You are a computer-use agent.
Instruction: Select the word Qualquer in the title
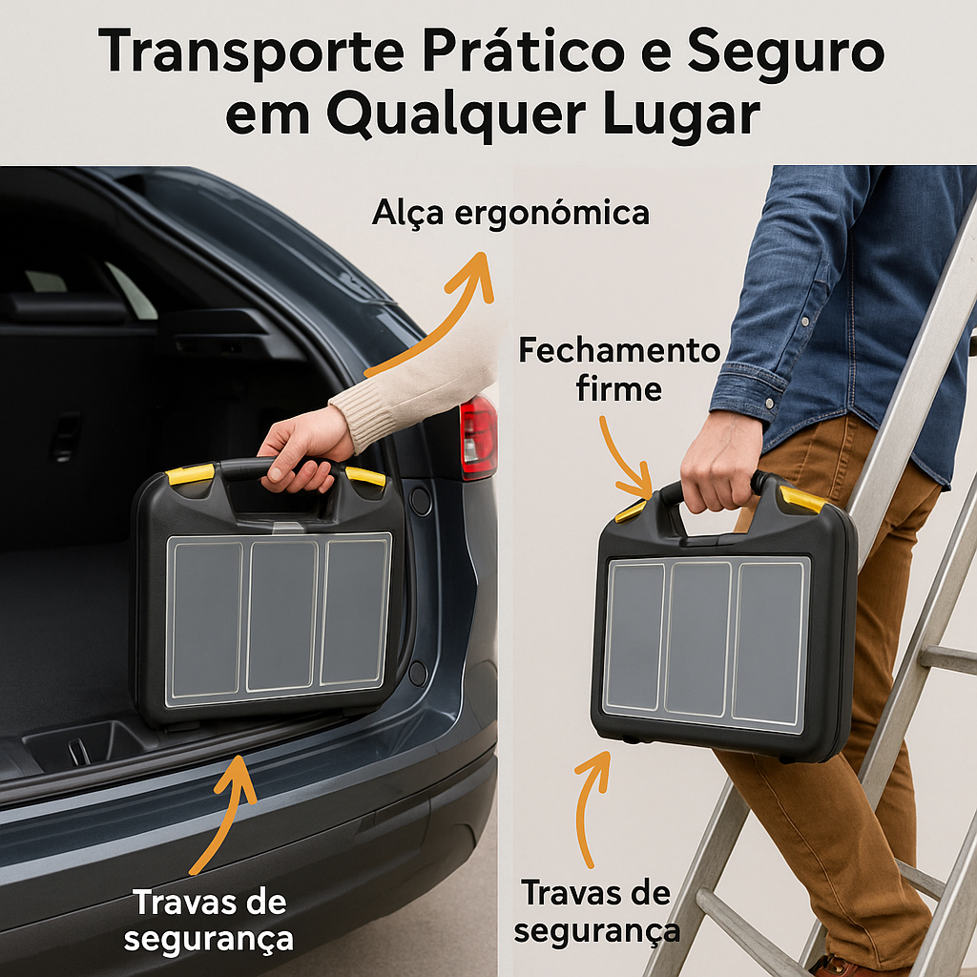pos(456,116)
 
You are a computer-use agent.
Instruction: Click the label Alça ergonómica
pos(510,213)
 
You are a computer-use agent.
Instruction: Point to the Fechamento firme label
pos(618,369)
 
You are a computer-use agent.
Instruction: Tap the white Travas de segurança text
pos(209,921)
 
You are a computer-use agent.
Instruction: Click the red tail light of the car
pos(478,437)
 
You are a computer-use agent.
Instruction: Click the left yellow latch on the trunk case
pos(191,475)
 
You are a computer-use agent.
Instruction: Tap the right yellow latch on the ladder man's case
pos(801,500)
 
